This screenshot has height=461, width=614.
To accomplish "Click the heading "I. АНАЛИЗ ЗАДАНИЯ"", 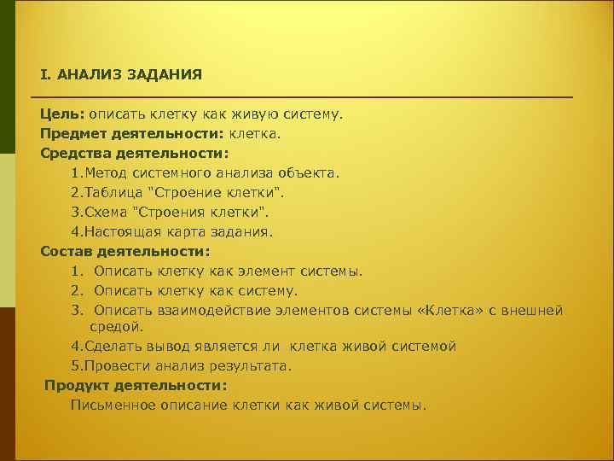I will (120, 73).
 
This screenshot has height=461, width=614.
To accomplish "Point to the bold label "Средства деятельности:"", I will (134, 154).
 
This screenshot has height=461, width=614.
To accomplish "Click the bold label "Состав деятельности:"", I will (125, 251).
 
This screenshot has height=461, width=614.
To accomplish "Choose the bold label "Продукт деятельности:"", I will (136, 385).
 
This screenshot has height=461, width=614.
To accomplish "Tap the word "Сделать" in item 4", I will (108, 346).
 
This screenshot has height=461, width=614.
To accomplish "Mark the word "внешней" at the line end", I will (532, 310).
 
